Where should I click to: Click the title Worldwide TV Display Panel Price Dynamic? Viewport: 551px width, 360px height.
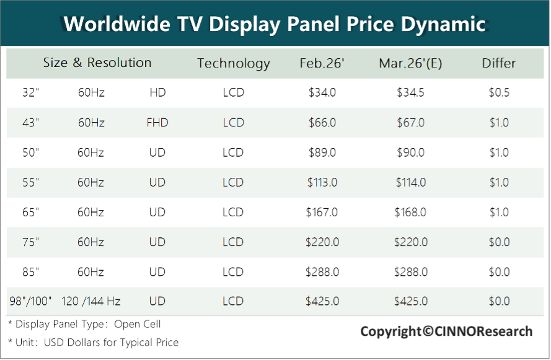click(275, 24)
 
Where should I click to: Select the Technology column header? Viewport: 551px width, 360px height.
click(234, 63)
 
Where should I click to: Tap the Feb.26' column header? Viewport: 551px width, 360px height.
click(322, 63)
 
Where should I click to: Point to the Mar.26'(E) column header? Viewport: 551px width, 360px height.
click(410, 63)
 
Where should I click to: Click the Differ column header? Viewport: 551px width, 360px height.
click(499, 63)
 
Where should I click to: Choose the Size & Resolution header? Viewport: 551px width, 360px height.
click(97, 63)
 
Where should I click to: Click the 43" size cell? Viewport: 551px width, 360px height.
click(30, 123)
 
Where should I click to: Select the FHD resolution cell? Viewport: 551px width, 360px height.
click(157, 123)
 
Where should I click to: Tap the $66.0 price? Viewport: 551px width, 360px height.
click(322, 123)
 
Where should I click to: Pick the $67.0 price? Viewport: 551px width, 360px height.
click(411, 123)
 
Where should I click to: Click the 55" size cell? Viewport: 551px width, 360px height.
click(30, 182)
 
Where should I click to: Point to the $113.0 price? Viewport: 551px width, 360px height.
click(322, 182)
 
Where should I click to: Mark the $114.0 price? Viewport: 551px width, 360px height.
click(411, 182)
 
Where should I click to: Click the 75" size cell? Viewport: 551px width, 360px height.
click(30, 242)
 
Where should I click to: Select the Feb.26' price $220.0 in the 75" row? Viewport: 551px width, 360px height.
click(322, 242)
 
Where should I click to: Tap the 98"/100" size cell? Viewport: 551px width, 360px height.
click(31, 301)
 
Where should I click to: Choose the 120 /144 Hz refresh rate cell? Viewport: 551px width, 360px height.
click(91, 301)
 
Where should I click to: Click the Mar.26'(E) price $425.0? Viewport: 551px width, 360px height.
click(411, 301)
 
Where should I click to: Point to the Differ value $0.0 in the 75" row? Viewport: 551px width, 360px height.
click(499, 242)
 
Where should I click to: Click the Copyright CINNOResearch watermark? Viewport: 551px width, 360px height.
click(446, 331)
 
